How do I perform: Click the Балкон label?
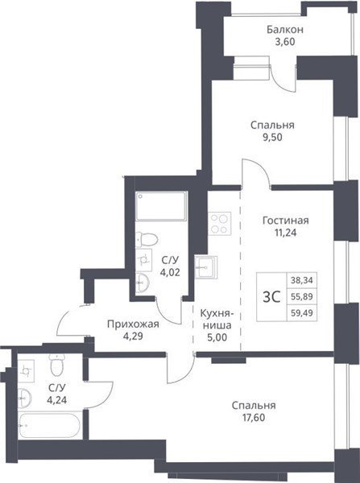pyautogui.click(x=285, y=30)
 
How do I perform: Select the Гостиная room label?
pyautogui.click(x=285, y=221)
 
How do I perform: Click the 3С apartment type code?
pyautogui.click(x=271, y=297)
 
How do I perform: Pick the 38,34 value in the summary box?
pyautogui.click(x=301, y=280)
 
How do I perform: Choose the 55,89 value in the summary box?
pyautogui.click(x=301, y=296)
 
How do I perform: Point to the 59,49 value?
pyautogui.click(x=301, y=313)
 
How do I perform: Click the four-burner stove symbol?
pyautogui.click(x=219, y=223)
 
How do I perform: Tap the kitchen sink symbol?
pyautogui.click(x=206, y=266)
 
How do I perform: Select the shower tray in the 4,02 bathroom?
pyautogui.click(x=161, y=206)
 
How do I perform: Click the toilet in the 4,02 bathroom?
pyautogui.click(x=147, y=239)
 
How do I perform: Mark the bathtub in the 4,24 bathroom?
pyautogui.click(x=50, y=425)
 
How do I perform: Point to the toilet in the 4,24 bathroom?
pyautogui.click(x=56, y=365)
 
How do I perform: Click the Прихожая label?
pyautogui.click(x=133, y=324)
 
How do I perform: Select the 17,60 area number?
pyautogui.click(x=254, y=418)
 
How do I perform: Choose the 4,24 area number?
pyautogui.click(x=56, y=400)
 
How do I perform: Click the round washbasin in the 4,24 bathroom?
pyautogui.click(x=24, y=398)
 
